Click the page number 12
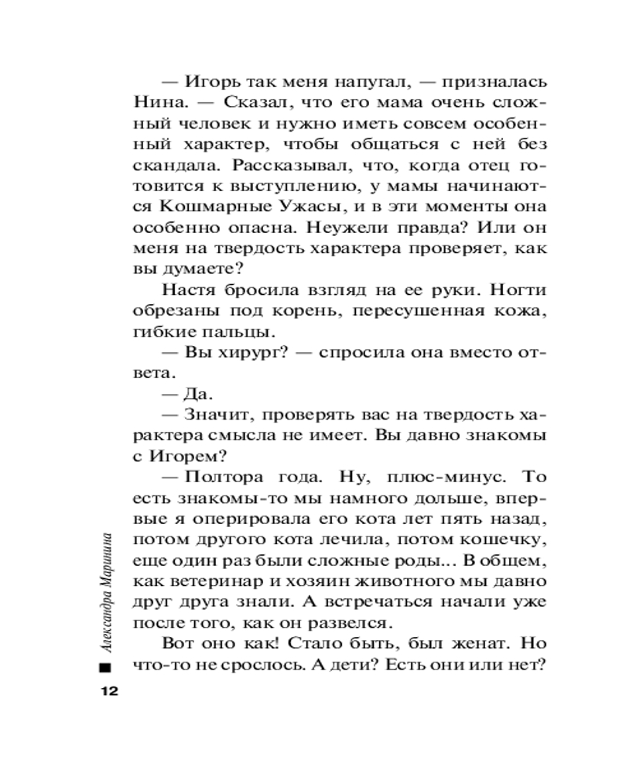tap(104, 690)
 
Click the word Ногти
tap(516, 290)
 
